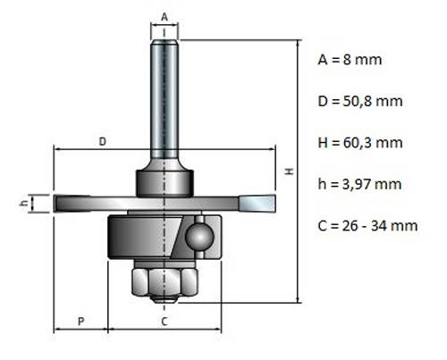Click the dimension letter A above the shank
(x=164, y=17)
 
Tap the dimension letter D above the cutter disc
(x=102, y=141)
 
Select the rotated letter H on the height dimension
(x=290, y=172)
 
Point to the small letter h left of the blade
(x=24, y=203)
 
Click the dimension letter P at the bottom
(x=80, y=322)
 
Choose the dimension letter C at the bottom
(x=164, y=322)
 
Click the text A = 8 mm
(x=350, y=60)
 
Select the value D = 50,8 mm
(x=360, y=101)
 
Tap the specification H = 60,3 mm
(x=360, y=143)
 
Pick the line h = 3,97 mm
(x=359, y=184)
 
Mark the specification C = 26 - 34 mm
(x=367, y=226)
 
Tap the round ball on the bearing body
(x=199, y=238)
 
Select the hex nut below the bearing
(x=164, y=281)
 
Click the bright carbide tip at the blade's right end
(x=257, y=204)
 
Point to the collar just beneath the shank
(x=164, y=183)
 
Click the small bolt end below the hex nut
(x=164, y=299)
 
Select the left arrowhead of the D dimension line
(x=57, y=149)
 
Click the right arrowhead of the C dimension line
(x=217, y=330)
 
